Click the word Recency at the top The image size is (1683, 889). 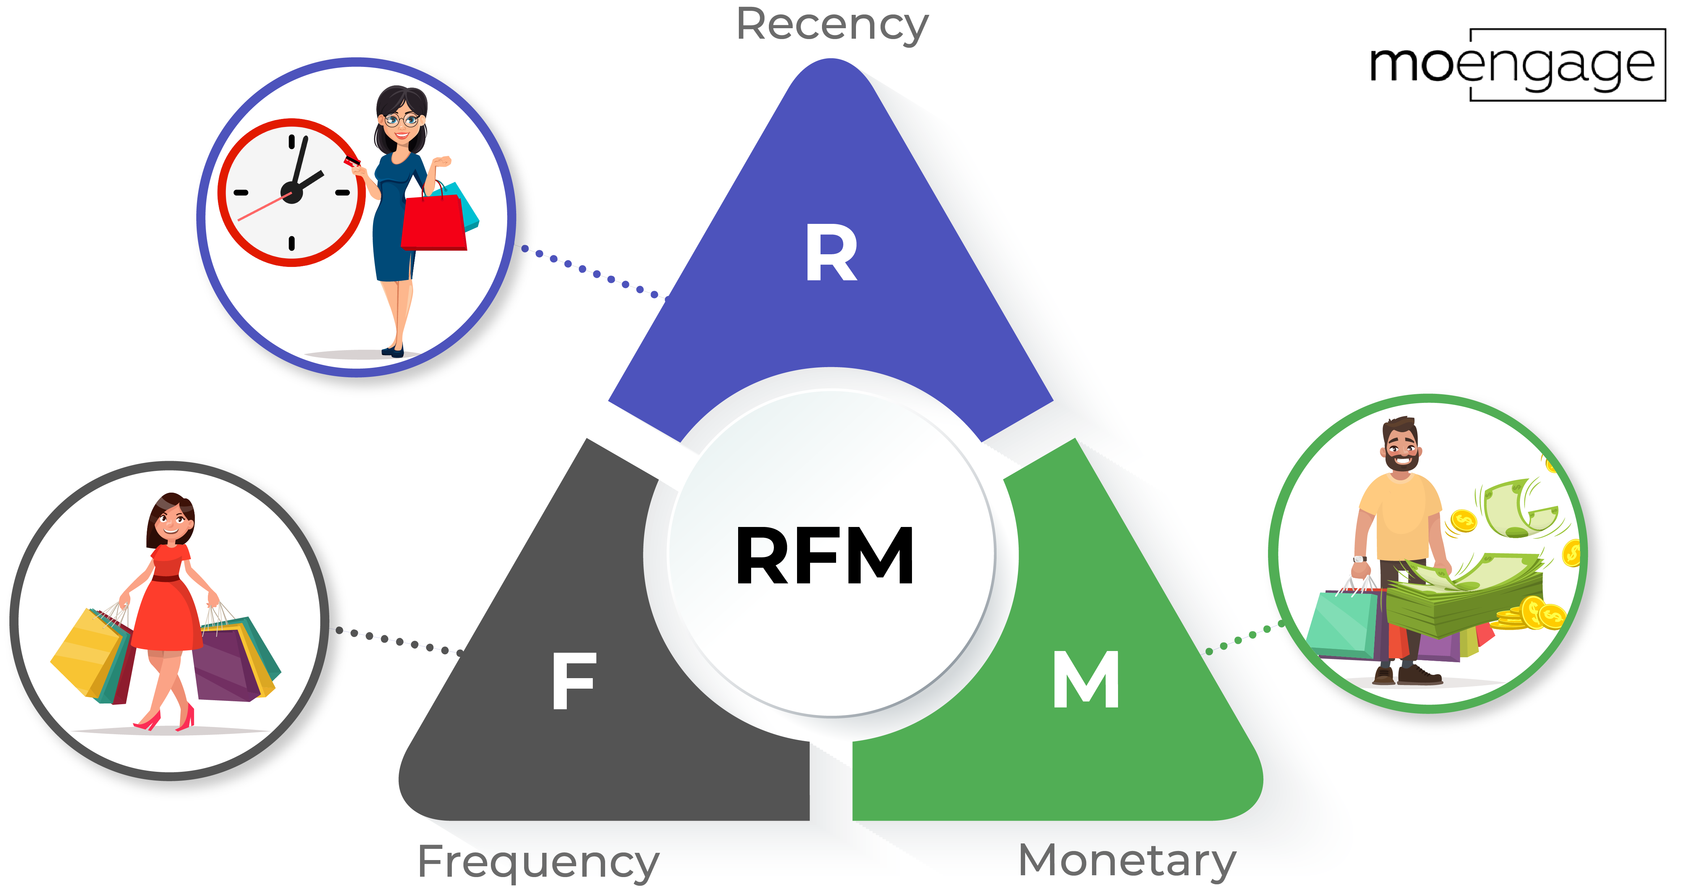832,25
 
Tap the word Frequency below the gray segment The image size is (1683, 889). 538,862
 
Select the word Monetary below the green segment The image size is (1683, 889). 1127,860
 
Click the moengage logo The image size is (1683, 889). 1516,65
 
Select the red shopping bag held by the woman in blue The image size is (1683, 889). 434,222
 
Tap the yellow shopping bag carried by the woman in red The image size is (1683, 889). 85,654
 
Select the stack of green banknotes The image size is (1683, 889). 1464,598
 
